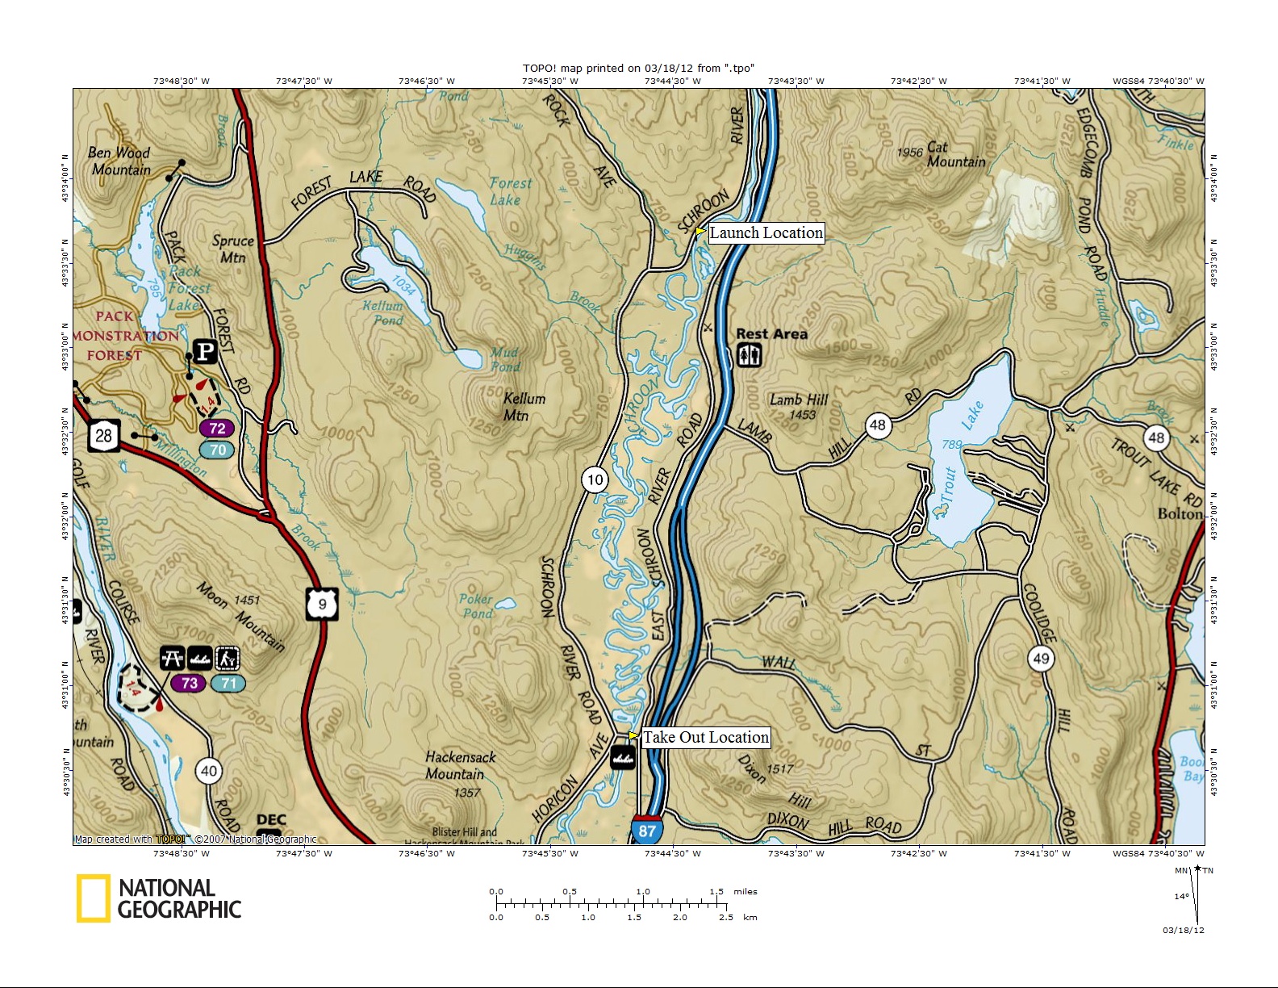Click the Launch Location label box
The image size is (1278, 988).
766,233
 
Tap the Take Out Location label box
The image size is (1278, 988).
705,737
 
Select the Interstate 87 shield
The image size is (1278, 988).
647,830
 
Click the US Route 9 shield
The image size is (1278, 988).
321,604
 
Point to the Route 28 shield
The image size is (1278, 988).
104,436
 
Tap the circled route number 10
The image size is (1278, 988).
595,480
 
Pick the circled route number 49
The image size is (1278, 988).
1041,658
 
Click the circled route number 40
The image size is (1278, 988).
209,770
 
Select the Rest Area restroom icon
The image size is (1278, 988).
749,355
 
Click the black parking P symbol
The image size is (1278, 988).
206,351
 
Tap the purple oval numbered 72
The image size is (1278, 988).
217,428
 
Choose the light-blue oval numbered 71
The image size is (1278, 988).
228,683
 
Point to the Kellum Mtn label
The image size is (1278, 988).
524,407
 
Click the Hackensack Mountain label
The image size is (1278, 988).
460,765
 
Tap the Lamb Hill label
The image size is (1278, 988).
798,400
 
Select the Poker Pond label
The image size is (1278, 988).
477,605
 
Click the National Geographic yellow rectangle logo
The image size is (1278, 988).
93,898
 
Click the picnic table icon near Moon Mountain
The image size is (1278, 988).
172,659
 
